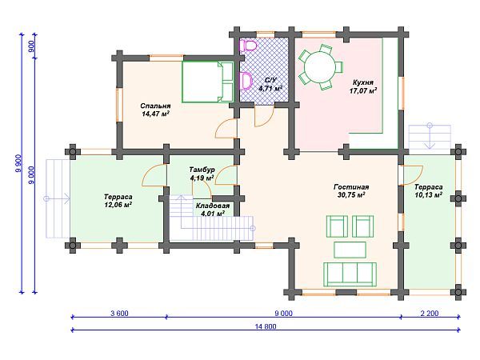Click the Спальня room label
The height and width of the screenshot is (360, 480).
155,106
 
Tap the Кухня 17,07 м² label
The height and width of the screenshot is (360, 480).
363,86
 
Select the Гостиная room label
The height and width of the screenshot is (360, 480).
351,186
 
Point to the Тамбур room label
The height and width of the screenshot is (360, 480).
202,170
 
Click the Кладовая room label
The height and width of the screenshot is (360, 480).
213,206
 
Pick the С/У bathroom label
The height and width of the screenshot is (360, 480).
270,80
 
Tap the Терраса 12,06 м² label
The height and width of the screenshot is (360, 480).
118,201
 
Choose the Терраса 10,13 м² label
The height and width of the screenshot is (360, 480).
428,191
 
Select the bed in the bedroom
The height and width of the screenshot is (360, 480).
207,82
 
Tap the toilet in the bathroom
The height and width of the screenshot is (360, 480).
248,46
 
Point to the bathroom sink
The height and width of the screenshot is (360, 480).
246,81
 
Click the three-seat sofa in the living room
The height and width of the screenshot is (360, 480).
350,274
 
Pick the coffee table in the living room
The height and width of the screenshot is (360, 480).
350,250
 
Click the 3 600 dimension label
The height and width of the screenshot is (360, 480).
119,314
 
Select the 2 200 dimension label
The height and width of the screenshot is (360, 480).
430,314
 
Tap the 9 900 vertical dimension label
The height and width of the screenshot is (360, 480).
18,163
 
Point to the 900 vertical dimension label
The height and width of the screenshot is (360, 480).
31,46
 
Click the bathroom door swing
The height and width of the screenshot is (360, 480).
265,117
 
